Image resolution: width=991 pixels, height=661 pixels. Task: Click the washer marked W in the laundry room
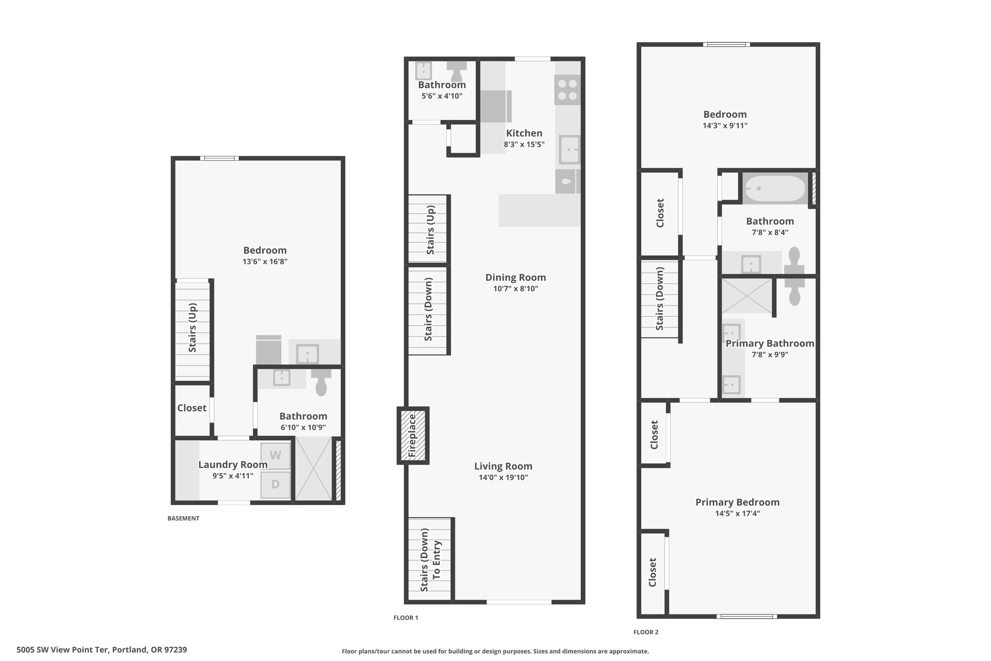275,456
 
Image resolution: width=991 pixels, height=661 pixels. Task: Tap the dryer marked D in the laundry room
275,484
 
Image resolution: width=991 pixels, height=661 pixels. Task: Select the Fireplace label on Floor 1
412,436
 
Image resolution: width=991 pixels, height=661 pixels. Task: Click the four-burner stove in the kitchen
567,90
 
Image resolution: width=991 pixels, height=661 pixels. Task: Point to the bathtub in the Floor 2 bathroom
774,188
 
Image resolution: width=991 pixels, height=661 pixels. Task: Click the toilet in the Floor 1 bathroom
456,72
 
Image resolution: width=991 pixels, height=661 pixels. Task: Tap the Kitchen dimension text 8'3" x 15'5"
524,144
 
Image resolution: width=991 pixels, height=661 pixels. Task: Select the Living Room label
503,466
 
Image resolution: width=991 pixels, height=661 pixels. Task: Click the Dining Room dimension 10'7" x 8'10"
515,289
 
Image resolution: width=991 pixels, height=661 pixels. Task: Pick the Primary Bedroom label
737,502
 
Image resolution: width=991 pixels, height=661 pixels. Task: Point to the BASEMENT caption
183,518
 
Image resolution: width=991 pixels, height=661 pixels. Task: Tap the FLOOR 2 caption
646,632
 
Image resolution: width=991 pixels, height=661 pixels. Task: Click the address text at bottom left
102,650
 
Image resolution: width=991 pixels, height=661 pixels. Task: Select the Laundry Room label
233,465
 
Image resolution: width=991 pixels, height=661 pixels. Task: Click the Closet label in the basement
192,408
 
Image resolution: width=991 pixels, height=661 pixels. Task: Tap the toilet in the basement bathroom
321,382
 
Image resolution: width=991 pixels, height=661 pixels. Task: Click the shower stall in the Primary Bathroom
747,295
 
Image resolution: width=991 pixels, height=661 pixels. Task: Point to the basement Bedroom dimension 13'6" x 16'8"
265,261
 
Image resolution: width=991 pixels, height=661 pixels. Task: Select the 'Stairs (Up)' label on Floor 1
430,230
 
